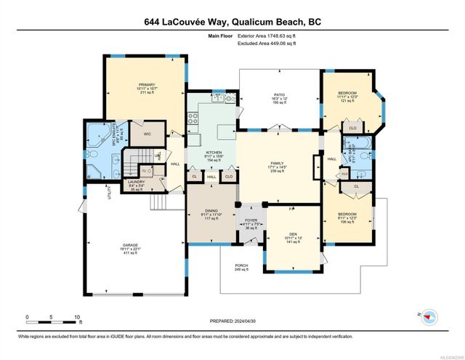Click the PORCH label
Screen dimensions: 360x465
[x=241, y=266]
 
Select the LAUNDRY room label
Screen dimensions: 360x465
[x=136, y=182]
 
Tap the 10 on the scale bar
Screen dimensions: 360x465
[x=77, y=316]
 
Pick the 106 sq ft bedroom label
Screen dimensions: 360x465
[x=347, y=215]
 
